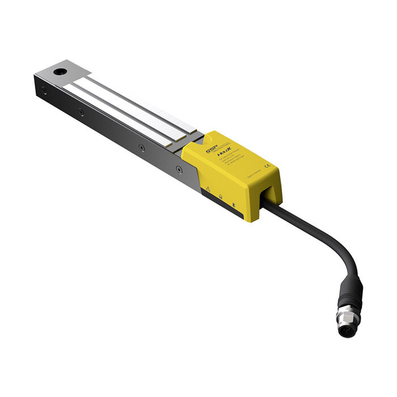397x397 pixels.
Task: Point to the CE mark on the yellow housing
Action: click(267, 166)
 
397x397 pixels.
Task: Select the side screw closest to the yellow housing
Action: click(179, 168)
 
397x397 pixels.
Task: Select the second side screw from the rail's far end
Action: click(82, 112)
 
